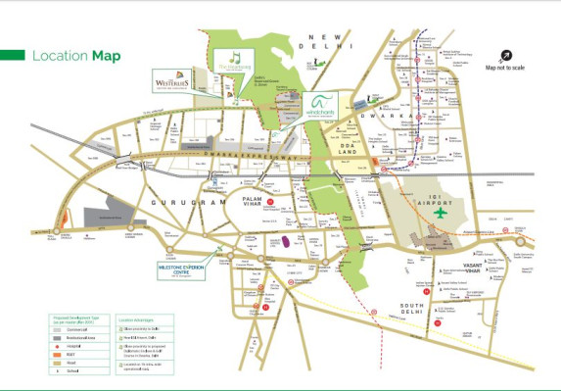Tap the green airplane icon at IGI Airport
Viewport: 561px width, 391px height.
pos(438,213)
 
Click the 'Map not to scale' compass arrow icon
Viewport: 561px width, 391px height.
pos(506,56)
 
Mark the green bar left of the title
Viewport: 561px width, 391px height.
pos(11,55)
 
